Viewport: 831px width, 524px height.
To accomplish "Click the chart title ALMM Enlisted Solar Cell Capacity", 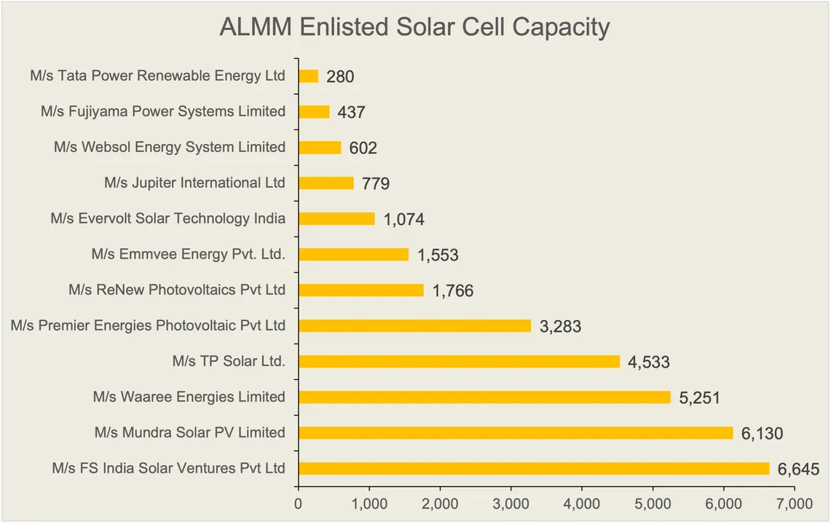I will (x=414, y=28).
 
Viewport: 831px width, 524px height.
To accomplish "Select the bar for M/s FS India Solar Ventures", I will (x=534, y=469).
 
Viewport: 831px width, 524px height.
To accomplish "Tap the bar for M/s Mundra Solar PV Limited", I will (x=516, y=433).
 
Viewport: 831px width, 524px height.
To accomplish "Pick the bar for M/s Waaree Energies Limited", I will (x=484, y=397).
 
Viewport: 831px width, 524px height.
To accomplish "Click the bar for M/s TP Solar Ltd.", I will (x=459, y=362).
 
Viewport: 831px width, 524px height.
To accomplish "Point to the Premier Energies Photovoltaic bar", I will (x=414, y=326).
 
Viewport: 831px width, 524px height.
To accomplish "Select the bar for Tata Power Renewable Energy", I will (x=308, y=76).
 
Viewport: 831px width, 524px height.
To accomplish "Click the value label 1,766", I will (x=452, y=291).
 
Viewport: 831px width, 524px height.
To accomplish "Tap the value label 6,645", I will (x=798, y=469).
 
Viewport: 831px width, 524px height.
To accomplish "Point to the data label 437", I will (x=351, y=113).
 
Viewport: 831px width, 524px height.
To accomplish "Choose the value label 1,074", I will (x=403, y=220).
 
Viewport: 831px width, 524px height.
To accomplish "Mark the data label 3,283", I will (x=560, y=327).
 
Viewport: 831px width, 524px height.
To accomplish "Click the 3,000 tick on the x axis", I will (x=511, y=503).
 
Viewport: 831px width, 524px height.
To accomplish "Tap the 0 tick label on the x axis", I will (x=299, y=503).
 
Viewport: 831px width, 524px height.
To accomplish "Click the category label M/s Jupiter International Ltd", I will (x=194, y=183).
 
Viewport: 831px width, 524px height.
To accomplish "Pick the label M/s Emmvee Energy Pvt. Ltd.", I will (x=188, y=254).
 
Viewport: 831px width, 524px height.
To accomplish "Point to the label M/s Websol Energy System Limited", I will (x=169, y=147).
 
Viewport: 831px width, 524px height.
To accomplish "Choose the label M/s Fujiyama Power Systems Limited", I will (x=163, y=111).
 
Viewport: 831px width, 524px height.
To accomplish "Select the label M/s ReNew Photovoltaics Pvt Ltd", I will (x=177, y=290).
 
